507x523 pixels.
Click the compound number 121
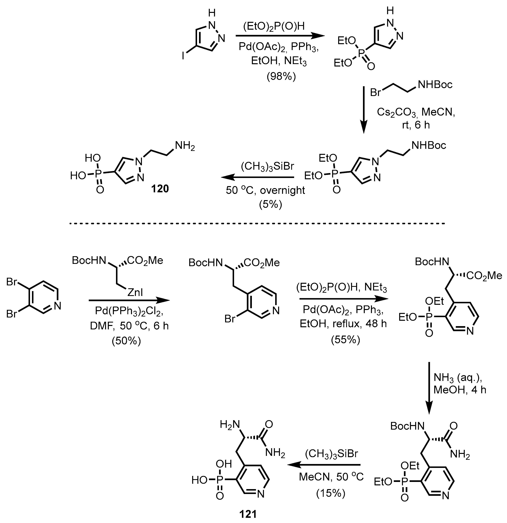[248, 514]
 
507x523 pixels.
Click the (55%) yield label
[345, 339]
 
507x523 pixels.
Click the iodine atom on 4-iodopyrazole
[183, 56]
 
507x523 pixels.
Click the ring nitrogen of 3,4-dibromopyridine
[57, 306]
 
